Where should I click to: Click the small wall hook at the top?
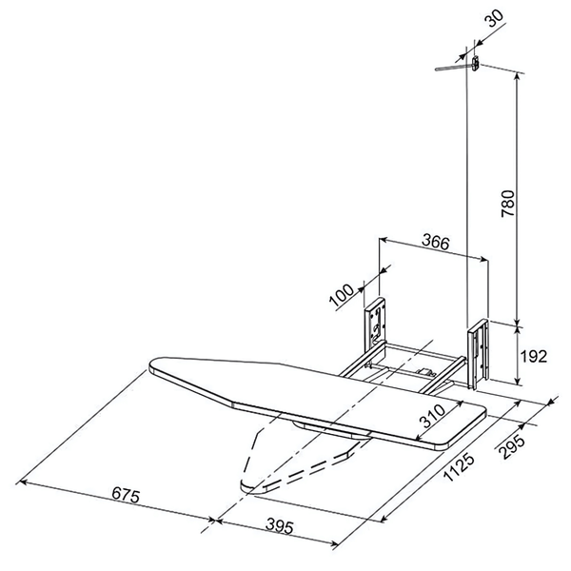472,64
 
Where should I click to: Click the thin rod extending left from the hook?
449,67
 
